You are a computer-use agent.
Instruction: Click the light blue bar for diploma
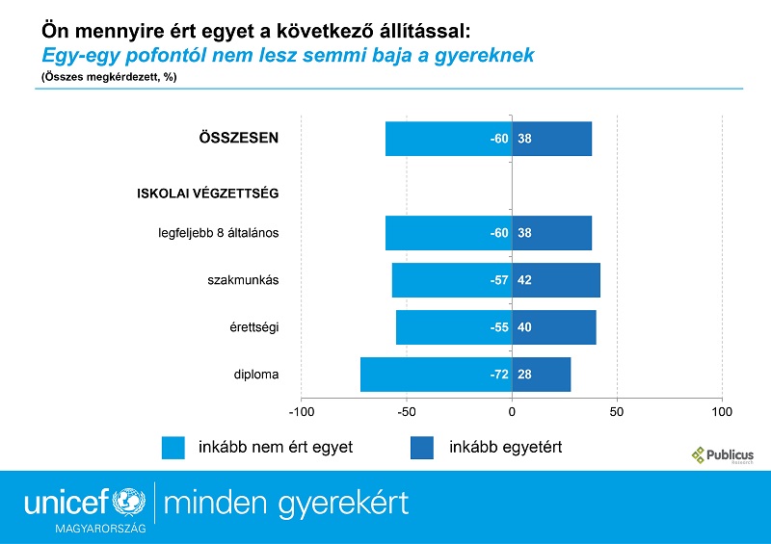pos(437,375)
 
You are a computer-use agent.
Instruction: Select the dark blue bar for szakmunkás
pos(556,280)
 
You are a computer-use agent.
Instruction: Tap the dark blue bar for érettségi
pos(554,327)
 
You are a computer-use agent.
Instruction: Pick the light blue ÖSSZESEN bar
pos(449,139)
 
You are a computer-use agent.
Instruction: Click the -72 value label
pos(499,375)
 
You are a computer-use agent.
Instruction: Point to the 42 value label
pos(524,280)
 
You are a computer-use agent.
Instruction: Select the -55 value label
pos(499,327)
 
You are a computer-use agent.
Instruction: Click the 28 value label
pos(524,375)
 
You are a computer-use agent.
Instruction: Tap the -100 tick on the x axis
pos(302,412)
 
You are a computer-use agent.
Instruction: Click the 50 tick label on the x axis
pos(617,412)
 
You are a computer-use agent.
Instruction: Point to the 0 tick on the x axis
pos(512,412)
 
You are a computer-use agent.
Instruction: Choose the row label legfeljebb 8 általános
pos(219,233)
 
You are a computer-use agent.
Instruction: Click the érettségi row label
pos(254,327)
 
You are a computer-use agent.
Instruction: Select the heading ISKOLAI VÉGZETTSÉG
pos(208,194)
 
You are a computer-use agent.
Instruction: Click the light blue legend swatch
pos(173,448)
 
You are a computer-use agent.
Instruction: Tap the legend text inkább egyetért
pos(505,447)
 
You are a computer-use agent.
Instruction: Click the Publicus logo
pos(723,455)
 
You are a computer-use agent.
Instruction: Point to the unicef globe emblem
pos(129,502)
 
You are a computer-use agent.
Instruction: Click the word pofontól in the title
pos(166,55)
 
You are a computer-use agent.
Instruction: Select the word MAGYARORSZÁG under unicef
pos(101,529)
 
